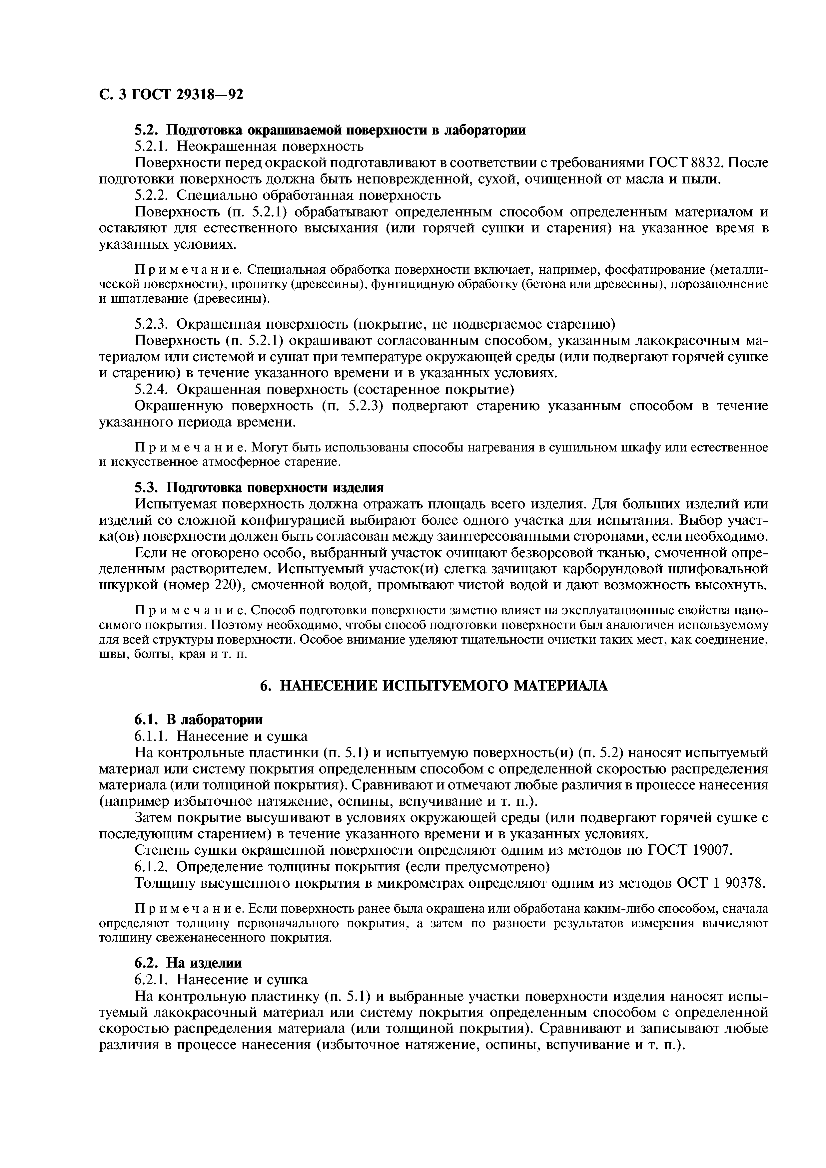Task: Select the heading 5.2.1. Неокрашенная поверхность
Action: tap(249, 146)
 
